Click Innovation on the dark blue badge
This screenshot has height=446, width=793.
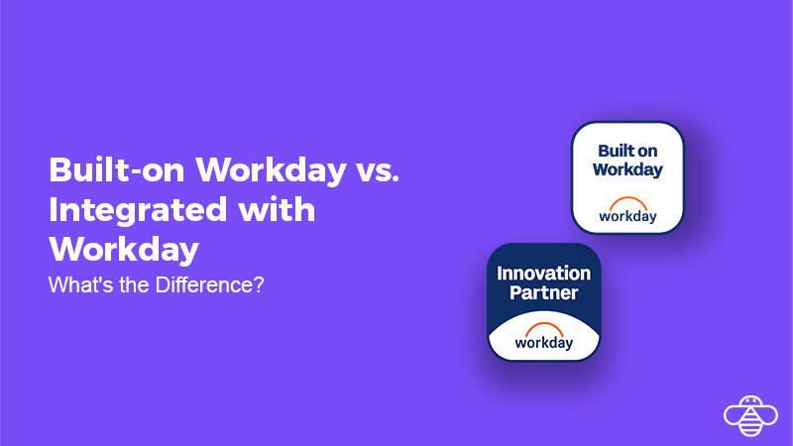coord(544,274)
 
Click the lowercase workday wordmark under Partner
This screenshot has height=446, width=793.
coord(544,342)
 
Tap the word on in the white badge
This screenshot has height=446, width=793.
coord(650,152)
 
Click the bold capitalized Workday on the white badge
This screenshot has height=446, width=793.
coord(627,169)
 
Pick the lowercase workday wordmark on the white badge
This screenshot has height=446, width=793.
coord(627,215)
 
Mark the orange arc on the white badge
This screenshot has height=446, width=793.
coord(627,201)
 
